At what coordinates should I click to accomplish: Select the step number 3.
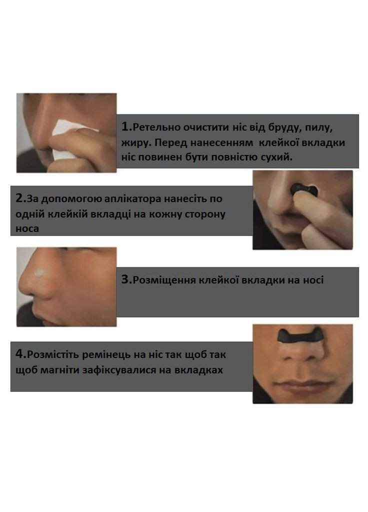(125, 279)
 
